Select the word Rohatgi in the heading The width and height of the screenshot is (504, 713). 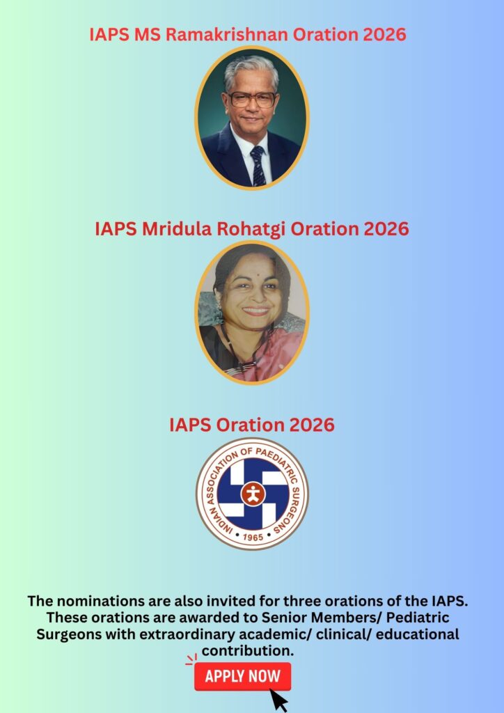(251, 229)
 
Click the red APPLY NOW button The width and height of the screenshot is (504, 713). (243, 676)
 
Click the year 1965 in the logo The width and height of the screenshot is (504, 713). (253, 537)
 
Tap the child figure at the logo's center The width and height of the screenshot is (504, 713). (253, 494)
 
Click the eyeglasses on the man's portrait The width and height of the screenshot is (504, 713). (253, 99)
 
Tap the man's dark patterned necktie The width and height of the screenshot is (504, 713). (258, 165)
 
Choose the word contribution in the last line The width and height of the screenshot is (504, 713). (248, 651)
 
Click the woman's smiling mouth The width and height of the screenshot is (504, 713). (256, 311)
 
